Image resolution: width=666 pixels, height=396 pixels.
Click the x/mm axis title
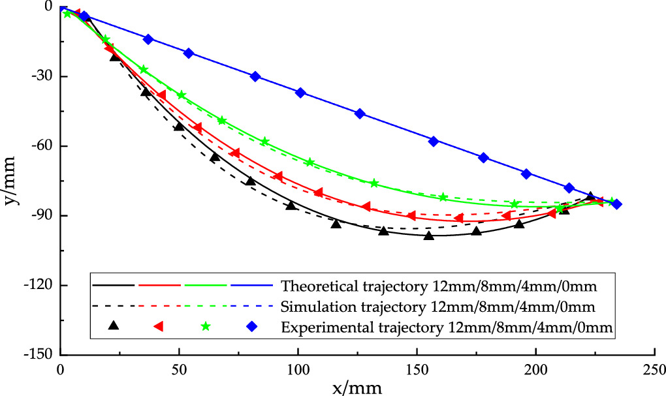[x=356, y=388]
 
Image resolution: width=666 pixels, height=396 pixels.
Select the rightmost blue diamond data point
[x=616, y=204]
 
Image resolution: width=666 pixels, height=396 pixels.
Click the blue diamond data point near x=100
[x=300, y=93]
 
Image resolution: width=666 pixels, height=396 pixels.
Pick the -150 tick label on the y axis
[x=40, y=355]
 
